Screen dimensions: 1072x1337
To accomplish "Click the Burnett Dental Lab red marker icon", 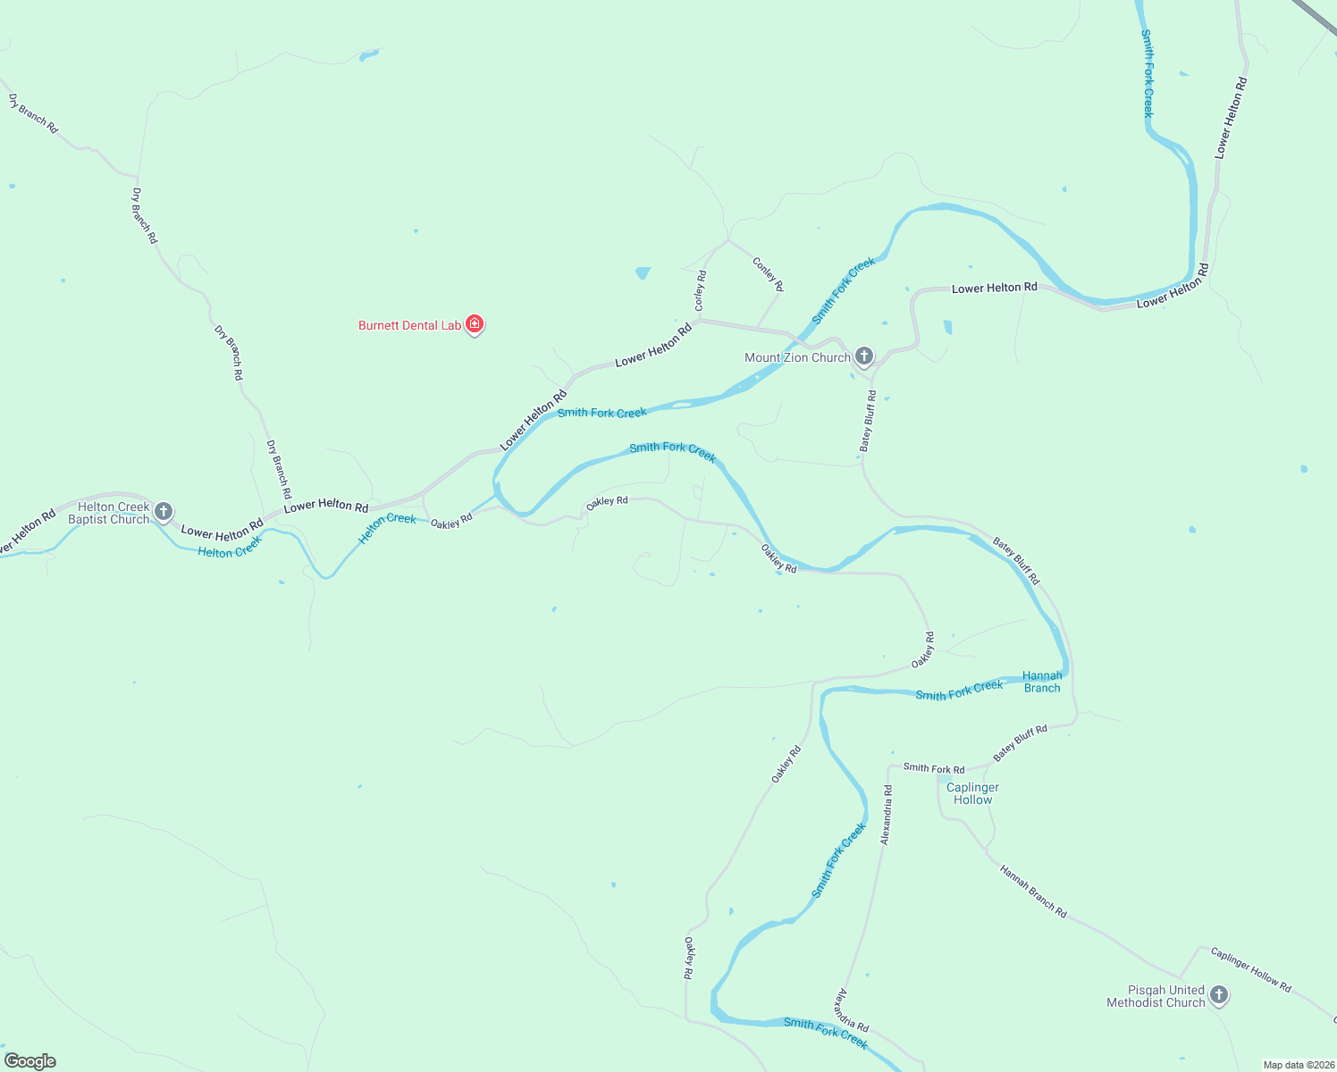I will click(475, 323).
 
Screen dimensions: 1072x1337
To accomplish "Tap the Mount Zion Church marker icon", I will click(863, 356).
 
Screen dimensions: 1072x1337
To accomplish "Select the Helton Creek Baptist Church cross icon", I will click(163, 511).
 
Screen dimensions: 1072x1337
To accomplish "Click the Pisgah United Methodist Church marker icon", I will click(1218, 994).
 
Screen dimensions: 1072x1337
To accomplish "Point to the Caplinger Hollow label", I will click(972, 793).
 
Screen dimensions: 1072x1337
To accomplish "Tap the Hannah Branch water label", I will click(1042, 682).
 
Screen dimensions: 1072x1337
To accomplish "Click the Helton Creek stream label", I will click(388, 528).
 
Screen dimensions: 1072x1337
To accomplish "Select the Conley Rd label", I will click(768, 274).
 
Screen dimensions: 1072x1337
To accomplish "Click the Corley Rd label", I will click(701, 290).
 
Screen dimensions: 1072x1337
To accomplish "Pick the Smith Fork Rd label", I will click(934, 768).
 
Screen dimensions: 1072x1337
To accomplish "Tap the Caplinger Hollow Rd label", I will click(1250, 969).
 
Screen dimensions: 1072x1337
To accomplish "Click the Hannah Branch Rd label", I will click(1033, 892).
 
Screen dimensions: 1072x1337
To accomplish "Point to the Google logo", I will click(30, 1061).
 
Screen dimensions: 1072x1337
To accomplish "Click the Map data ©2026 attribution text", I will click(1298, 1065).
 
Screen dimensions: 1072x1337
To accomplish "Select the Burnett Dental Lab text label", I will click(409, 325).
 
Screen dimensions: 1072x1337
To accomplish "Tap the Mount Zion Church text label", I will click(797, 357).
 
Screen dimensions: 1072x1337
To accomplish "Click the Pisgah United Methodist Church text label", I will click(1156, 996).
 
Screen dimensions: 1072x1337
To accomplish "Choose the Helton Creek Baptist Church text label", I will click(109, 513).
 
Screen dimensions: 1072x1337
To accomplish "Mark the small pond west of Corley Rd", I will click(643, 272).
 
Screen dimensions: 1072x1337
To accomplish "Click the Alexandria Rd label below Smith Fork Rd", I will click(886, 815).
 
